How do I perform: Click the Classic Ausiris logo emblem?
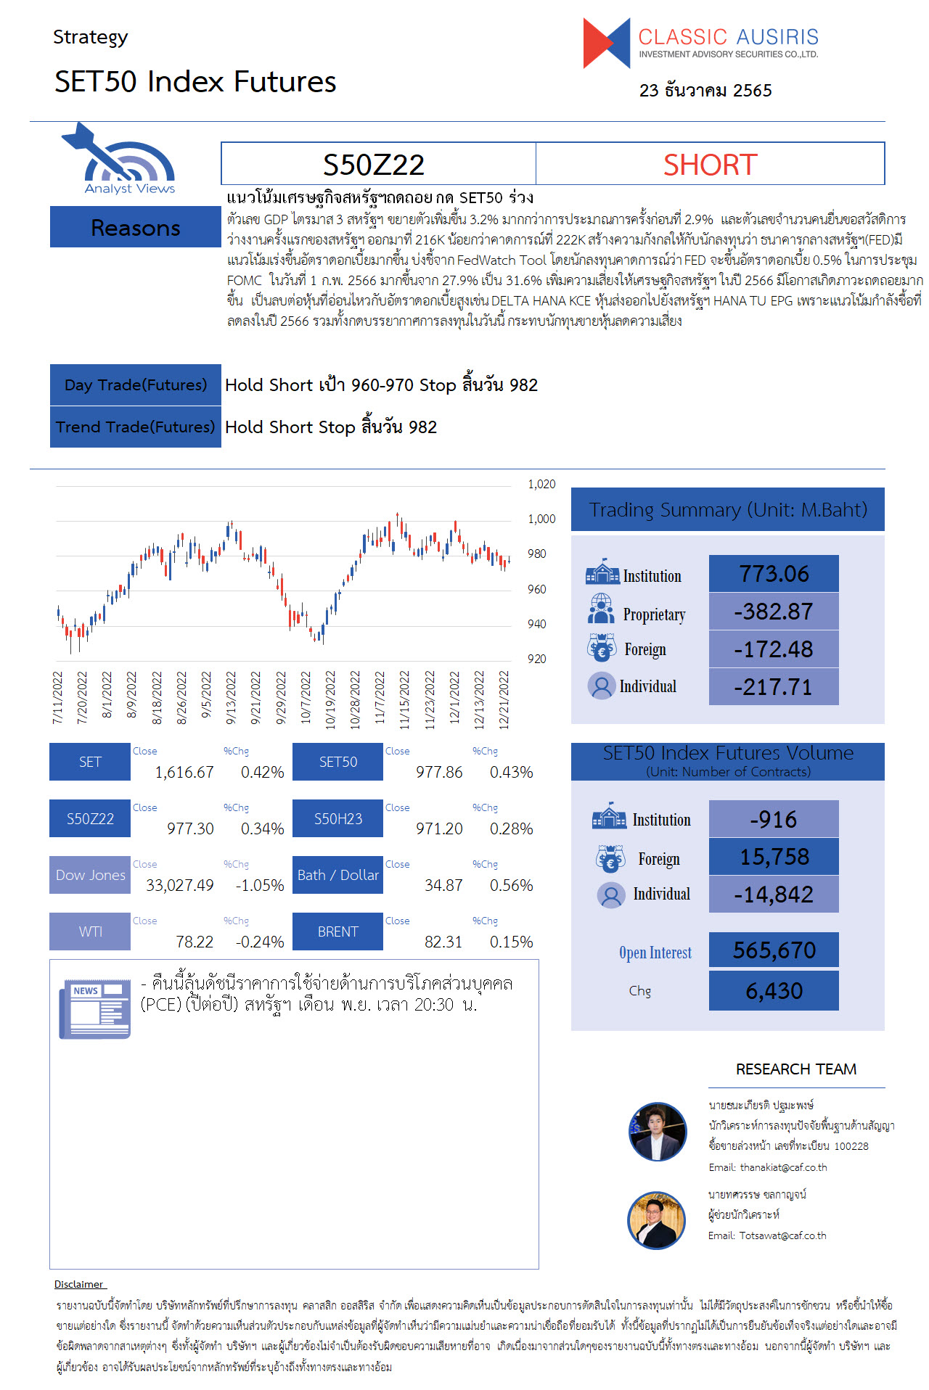point(607,44)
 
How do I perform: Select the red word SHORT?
point(710,165)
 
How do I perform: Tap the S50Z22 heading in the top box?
point(373,165)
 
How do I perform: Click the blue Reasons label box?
point(136,227)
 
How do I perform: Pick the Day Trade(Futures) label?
point(136,384)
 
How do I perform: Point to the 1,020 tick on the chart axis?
point(541,484)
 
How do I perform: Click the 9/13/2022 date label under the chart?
point(231,698)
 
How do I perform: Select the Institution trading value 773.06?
point(774,574)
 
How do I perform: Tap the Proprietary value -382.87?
point(774,612)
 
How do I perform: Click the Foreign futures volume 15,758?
point(774,857)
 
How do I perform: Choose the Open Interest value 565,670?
point(774,950)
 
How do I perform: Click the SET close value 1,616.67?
point(184,772)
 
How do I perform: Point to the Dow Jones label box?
point(90,875)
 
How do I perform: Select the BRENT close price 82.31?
point(443,942)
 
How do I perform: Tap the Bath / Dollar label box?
point(337,875)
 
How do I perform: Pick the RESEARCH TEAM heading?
point(796,1069)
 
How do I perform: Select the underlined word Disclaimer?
point(79,1284)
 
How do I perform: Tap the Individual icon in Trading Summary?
point(601,686)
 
